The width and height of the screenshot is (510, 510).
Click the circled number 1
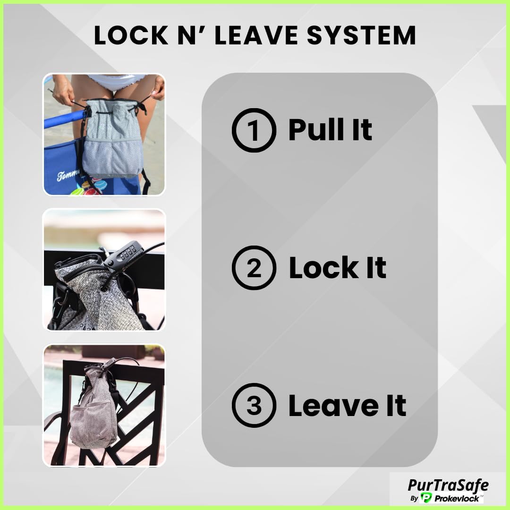[x=254, y=130]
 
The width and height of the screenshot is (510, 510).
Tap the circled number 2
[x=254, y=268]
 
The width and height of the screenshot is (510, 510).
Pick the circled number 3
[x=254, y=405]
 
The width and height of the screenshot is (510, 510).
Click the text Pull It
[x=330, y=129]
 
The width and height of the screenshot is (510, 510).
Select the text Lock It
[x=337, y=267]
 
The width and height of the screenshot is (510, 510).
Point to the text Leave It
[x=347, y=405]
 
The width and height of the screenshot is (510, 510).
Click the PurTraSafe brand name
[x=448, y=484]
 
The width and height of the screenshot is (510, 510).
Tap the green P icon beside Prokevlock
[x=427, y=498]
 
